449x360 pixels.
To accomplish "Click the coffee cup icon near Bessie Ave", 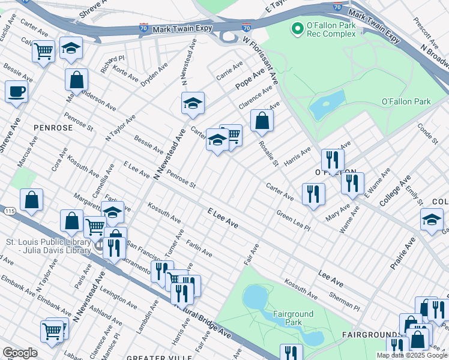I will coord(16,92).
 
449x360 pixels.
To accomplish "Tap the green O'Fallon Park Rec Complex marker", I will coord(296,28).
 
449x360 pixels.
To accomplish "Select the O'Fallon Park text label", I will coord(406,101).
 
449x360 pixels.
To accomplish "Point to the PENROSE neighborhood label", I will coord(53,128).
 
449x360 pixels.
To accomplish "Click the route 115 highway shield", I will coord(7,211).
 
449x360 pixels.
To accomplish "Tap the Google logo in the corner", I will coord(20,353).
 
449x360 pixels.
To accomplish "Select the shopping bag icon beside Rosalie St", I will coord(262,121).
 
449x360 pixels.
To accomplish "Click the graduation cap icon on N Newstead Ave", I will coord(193,103).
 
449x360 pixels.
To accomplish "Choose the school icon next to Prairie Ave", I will coord(432,219).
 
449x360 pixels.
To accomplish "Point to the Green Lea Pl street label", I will coord(293,221).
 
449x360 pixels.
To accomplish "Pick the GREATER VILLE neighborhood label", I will coord(151,357).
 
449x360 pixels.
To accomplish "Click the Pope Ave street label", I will coord(250,79).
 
